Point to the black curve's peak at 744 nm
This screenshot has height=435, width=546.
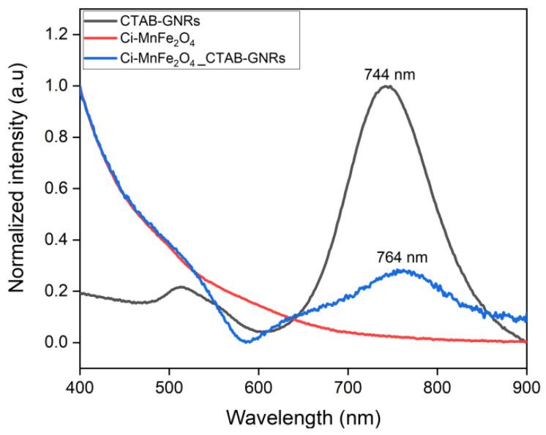386,86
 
